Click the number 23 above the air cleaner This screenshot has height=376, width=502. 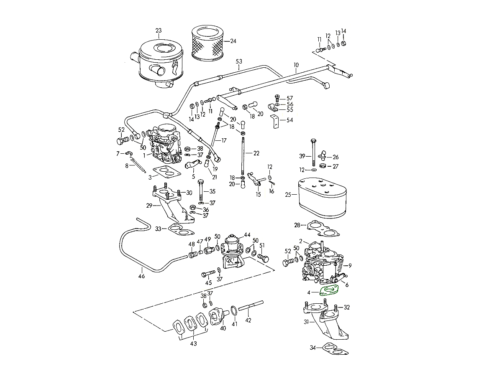158,30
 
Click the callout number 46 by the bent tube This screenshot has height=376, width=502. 141,276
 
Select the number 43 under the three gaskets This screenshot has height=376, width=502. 193,344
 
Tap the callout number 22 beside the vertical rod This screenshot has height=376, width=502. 256,153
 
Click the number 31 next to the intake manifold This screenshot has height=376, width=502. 306,322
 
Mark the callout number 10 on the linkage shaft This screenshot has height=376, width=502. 296,65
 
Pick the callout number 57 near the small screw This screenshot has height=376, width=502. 290,98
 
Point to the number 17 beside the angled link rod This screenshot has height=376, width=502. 224,140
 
